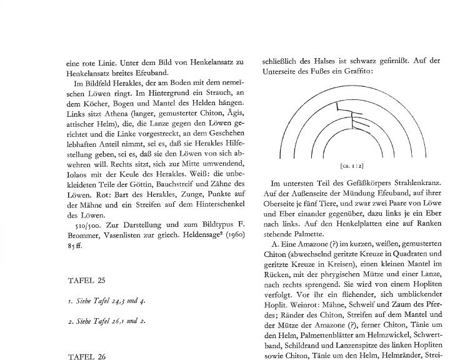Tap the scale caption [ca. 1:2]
point(354,167)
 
